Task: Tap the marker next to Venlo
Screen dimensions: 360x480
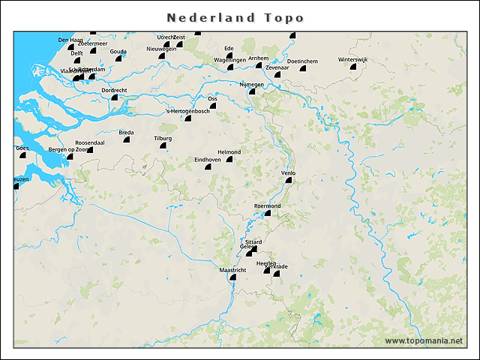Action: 288,180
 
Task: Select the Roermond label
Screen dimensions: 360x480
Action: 267,205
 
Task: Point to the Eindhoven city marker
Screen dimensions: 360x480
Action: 208,167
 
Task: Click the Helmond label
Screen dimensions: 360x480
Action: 228,151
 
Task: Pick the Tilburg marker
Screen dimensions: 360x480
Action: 163,146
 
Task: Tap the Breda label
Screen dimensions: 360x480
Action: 126,132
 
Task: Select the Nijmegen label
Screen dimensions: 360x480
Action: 251,85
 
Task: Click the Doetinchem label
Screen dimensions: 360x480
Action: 303,61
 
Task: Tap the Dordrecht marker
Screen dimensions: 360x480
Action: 115,97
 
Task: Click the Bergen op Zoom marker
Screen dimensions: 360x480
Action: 70,156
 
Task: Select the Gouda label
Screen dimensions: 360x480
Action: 118,51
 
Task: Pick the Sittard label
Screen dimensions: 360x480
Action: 253,241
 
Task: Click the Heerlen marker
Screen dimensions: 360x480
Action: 266,271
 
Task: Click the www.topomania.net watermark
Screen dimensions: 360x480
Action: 424,340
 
